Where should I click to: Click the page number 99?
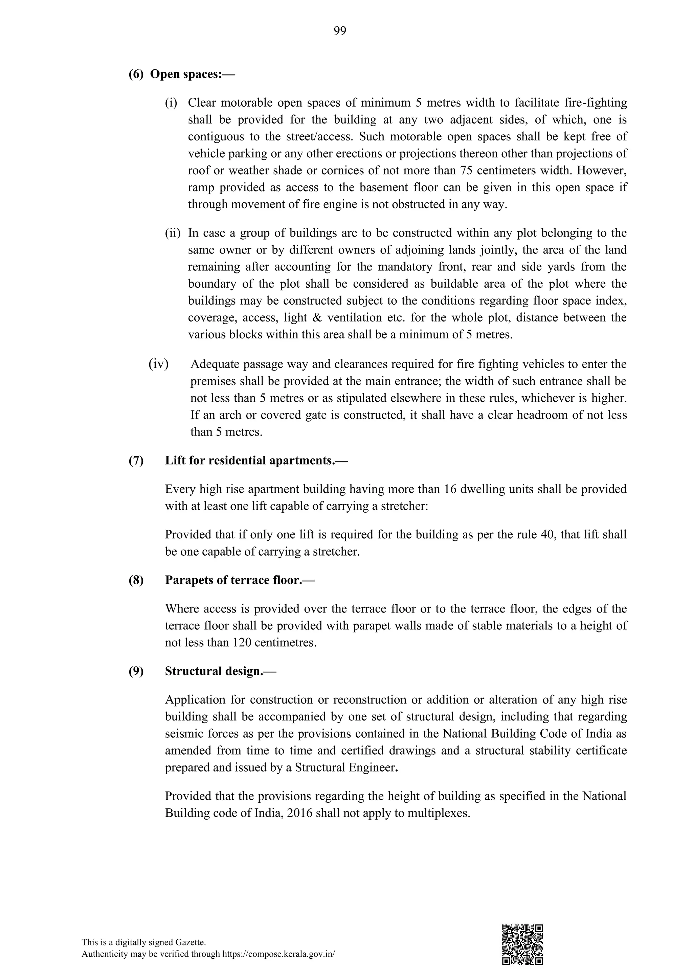point(340,31)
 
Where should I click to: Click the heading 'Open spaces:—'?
point(193,74)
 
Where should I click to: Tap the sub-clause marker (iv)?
point(158,364)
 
